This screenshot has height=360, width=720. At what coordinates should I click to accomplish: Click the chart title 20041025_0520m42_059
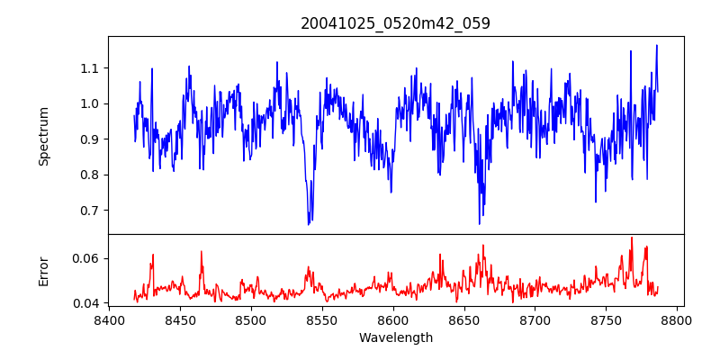[x=395, y=23]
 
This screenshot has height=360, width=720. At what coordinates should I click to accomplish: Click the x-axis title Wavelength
[x=395, y=337]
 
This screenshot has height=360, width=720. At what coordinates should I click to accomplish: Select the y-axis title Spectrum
[x=43, y=136]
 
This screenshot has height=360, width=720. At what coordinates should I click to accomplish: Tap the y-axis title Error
[x=43, y=271]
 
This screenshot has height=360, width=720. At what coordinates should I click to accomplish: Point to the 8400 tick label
[x=109, y=319]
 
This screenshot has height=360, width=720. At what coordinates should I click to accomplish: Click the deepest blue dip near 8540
[x=309, y=223]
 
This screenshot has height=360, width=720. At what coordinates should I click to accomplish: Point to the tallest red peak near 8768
[x=632, y=238]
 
